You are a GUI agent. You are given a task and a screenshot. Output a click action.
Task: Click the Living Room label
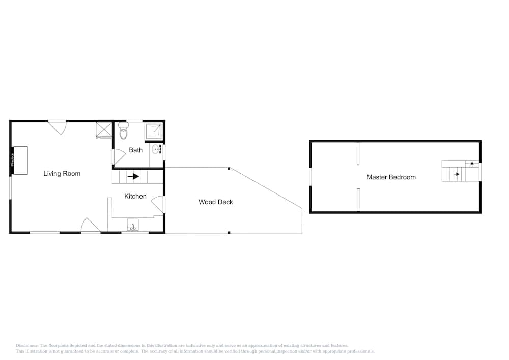coord(62,174)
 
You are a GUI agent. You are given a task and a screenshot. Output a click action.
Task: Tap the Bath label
coord(135,150)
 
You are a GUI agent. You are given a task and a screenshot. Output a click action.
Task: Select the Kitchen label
coord(135,196)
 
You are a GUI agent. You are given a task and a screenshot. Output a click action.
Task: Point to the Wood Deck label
coord(216,202)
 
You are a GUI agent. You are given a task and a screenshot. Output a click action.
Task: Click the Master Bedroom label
coord(391,177)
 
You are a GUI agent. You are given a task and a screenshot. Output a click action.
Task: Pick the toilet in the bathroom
coord(123,131)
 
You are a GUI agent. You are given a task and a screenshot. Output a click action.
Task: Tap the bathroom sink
coord(155,150)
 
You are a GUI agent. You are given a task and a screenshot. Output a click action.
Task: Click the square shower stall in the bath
coord(154,131)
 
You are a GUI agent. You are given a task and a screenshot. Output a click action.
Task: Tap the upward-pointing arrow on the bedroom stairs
coord(472,164)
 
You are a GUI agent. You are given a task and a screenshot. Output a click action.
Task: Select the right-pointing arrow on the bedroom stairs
coord(457,174)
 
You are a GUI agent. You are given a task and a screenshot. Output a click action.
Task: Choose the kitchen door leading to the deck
coord(159,204)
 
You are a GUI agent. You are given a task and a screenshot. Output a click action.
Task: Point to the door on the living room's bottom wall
coord(90,226)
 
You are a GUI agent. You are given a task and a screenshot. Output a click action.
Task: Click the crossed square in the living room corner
coord(103,130)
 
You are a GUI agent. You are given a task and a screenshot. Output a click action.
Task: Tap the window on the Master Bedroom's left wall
coord(310,177)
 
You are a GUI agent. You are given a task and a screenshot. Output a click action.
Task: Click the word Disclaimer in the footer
coord(27,345)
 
